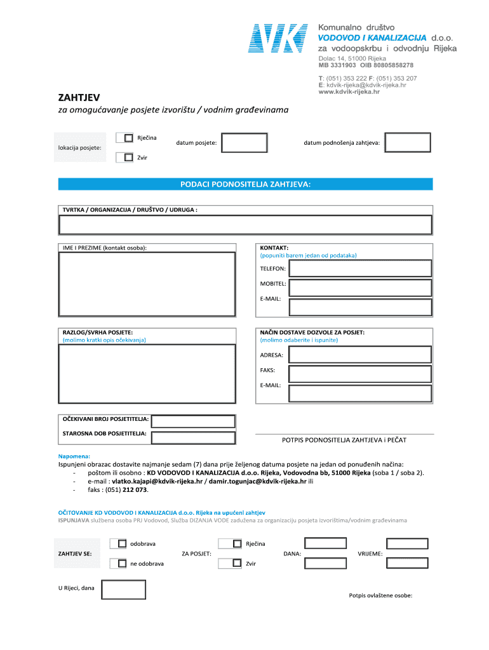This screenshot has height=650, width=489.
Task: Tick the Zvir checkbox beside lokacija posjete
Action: point(129,157)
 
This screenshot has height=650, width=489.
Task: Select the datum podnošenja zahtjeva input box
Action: point(408,143)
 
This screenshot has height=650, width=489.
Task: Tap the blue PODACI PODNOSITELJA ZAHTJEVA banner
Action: point(245,184)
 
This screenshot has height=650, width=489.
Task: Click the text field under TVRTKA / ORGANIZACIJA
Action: point(245,225)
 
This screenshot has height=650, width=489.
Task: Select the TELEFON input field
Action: point(360,269)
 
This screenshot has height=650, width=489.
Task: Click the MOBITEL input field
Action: point(360,287)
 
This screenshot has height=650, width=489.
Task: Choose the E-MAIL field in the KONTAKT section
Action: point(360,307)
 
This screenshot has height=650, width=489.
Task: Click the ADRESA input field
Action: point(360,355)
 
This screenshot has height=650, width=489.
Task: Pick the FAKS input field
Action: point(360,373)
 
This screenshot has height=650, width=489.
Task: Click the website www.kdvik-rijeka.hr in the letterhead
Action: point(349,92)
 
